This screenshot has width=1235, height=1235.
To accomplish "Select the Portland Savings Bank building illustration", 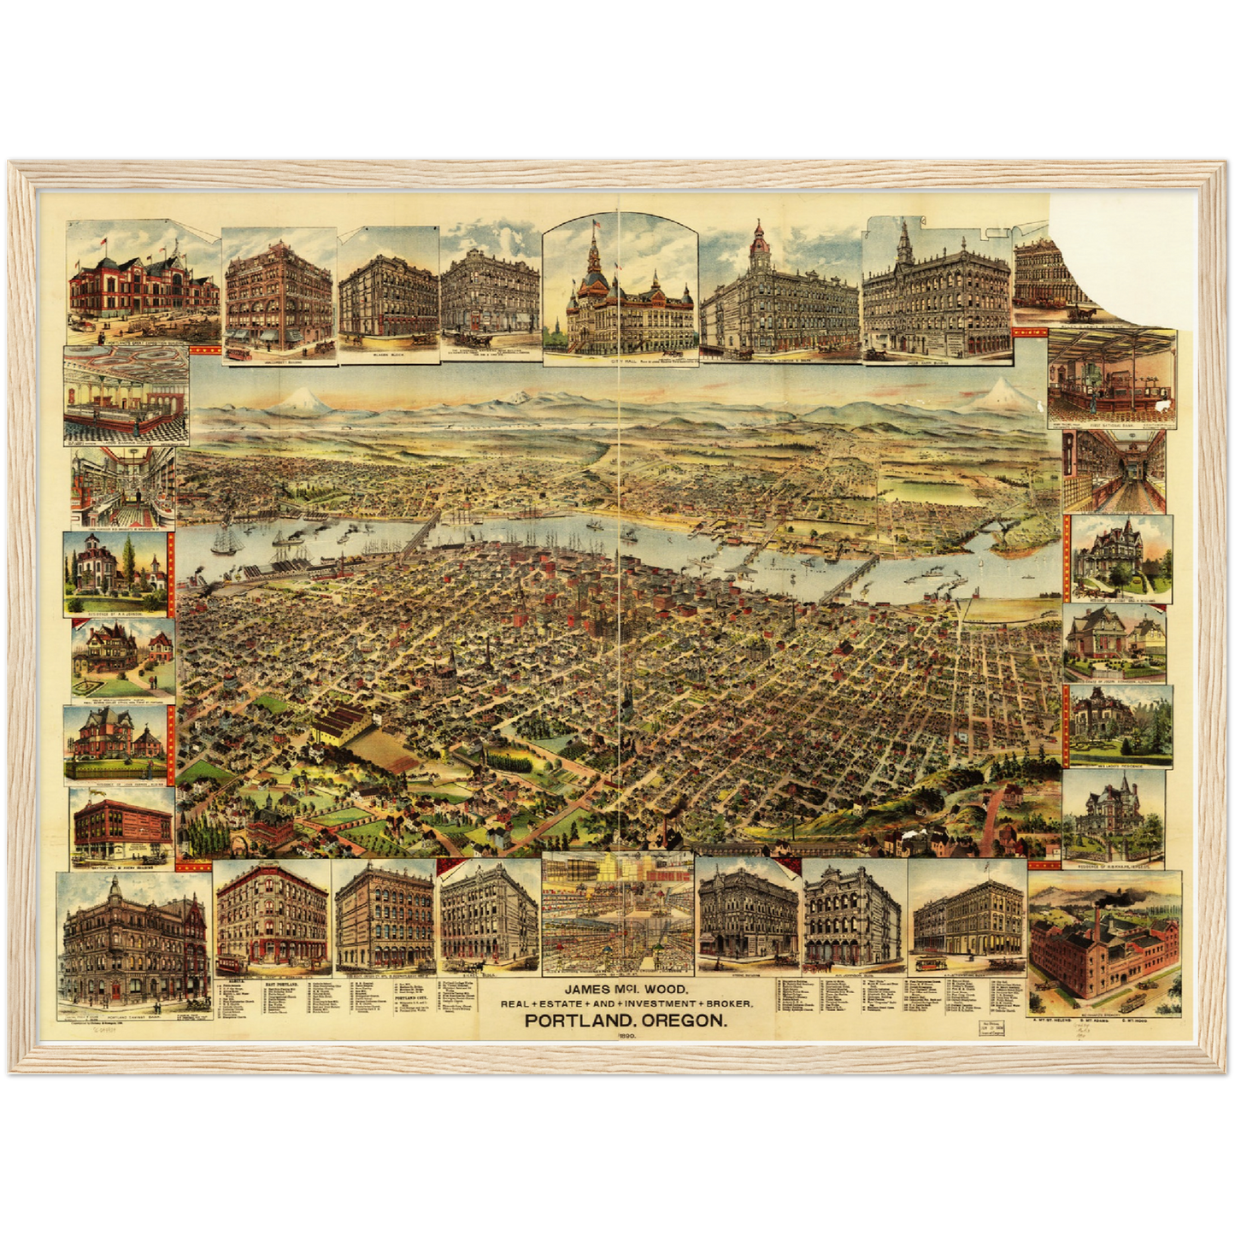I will [132, 949].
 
